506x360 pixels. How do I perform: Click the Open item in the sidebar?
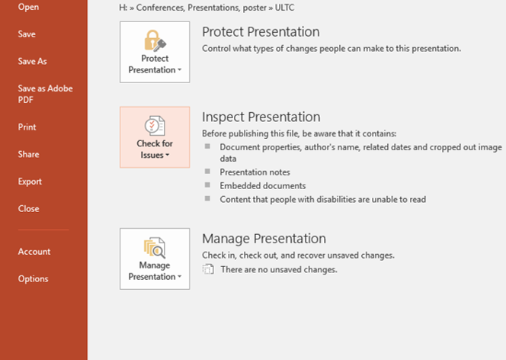point(28,7)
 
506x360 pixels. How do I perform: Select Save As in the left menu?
point(32,61)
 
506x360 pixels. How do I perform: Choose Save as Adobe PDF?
point(45,94)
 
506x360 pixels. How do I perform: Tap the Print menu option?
point(27,127)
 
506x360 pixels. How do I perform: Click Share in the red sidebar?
point(28,154)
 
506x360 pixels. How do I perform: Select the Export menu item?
point(30,182)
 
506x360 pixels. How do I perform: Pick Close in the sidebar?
point(28,208)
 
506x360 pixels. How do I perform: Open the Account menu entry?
point(34,252)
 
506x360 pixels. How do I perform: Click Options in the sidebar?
point(34,278)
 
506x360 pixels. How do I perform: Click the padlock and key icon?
point(155,40)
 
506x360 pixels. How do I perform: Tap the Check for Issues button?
point(155,137)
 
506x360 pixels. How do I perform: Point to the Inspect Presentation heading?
point(261,117)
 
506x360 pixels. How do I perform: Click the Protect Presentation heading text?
point(261,31)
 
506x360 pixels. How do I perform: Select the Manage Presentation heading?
point(264,239)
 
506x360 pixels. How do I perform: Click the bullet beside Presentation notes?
point(207,171)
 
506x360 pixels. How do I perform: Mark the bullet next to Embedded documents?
point(207,185)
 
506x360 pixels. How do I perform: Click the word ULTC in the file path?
point(284,8)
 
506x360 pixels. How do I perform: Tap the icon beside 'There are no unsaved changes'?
point(208,269)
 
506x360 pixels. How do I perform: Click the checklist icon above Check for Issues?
point(155,126)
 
